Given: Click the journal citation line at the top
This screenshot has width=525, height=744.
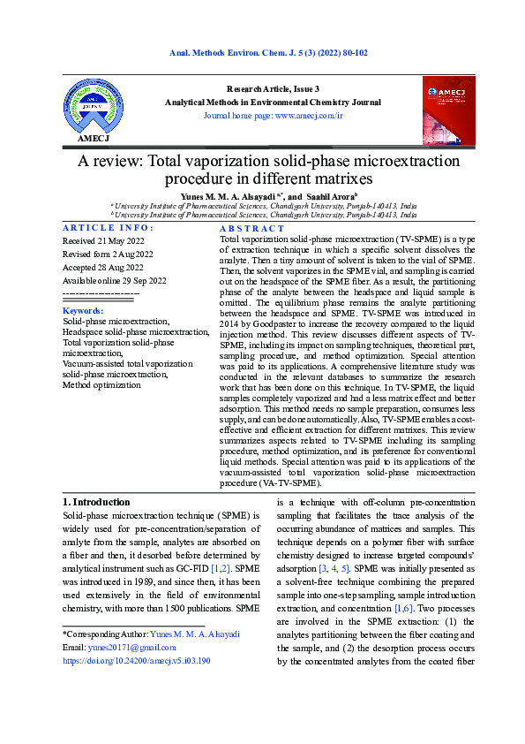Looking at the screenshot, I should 268,53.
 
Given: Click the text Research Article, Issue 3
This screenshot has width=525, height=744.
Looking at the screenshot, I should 273,89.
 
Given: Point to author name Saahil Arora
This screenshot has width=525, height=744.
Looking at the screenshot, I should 332,195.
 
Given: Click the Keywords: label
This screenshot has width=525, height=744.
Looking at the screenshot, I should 83,311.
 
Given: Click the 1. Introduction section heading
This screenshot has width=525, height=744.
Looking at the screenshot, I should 98,501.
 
